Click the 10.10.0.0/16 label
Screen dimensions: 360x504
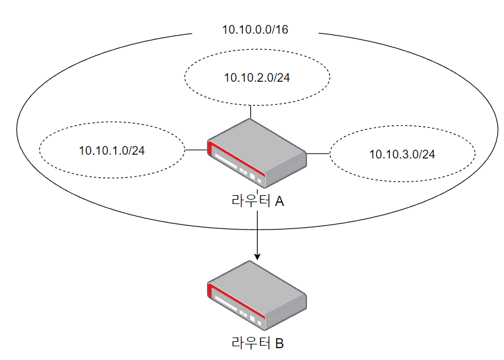click(255, 30)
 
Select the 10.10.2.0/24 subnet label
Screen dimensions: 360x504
click(257, 77)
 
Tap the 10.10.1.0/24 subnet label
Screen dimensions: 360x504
click(112, 150)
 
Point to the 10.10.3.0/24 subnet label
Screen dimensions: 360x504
click(402, 154)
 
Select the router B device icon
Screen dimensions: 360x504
click(257, 296)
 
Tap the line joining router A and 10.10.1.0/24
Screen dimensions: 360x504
click(196, 150)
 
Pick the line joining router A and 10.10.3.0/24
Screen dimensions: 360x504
click(318, 152)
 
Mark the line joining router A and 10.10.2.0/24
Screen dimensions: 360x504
click(250, 112)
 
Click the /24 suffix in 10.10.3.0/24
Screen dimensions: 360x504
click(426, 154)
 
